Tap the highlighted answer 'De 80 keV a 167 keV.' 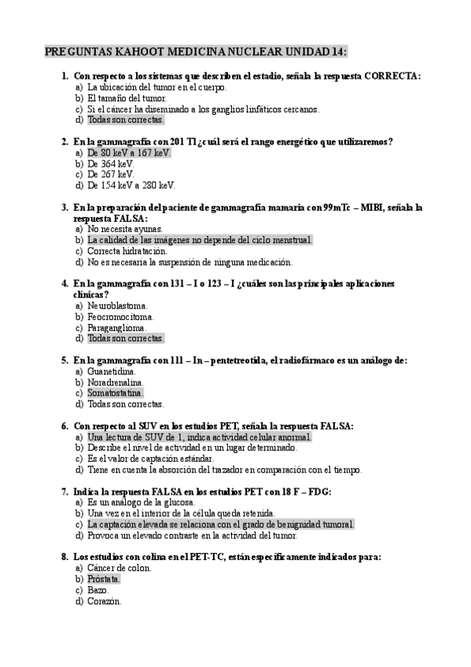(129, 153)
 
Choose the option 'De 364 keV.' (111, 164)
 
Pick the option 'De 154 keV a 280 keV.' (131, 186)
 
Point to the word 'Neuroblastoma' (116, 305)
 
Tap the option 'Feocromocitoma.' (121, 316)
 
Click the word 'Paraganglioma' (117, 327)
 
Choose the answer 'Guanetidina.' (112, 371)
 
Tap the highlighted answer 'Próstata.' (104, 578)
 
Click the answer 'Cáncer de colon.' (120, 567)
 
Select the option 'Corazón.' (104, 600)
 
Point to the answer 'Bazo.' (98, 589)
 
